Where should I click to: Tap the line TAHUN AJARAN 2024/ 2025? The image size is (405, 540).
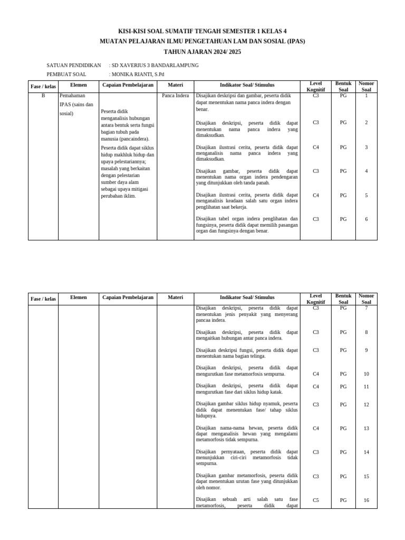click(202, 52)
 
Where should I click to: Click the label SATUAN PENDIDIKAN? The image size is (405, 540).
click(74, 65)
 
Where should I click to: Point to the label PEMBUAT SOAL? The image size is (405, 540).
click(66, 74)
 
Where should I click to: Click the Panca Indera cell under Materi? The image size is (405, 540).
click(175, 96)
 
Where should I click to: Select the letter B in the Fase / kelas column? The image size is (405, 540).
click(43, 96)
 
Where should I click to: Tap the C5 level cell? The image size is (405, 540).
click(316, 500)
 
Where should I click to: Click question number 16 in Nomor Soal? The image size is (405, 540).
click(366, 500)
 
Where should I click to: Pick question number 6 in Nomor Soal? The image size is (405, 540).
click(366, 219)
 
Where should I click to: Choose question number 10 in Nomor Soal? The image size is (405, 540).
click(366, 374)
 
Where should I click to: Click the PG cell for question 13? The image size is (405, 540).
click(343, 428)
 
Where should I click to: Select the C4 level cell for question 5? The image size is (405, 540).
click(316, 195)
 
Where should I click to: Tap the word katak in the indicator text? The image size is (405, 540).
click(276, 392)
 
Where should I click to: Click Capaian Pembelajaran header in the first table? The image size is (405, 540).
click(128, 84)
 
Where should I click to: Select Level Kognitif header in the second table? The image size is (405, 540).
click(316, 299)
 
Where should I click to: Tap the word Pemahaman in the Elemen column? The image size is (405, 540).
click(73, 96)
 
